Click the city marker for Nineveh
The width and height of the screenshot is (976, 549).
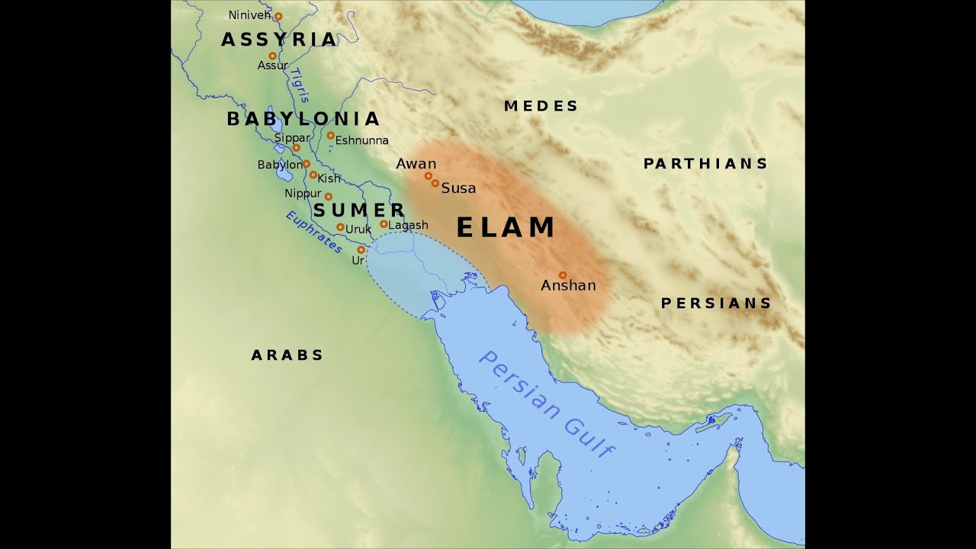point(278,16)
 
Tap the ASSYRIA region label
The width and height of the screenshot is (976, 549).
point(279,40)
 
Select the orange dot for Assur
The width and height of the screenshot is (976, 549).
point(272,56)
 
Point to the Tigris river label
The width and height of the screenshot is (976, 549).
point(300,85)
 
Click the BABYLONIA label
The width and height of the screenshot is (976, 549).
point(303,119)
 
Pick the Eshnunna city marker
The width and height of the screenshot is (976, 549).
point(330,136)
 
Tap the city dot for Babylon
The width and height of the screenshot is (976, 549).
point(307,163)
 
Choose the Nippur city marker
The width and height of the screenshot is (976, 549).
point(329,196)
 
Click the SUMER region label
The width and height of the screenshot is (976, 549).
point(359,210)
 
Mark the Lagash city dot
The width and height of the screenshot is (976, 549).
point(384,224)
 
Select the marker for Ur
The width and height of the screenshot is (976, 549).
point(361,249)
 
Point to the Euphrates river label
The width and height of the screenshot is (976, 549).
point(314,232)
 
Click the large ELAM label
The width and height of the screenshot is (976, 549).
point(506,228)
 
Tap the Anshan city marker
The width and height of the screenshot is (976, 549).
point(563,275)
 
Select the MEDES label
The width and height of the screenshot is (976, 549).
point(541,106)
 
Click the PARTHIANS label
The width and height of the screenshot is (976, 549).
point(705,164)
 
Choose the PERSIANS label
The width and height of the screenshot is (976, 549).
point(716,303)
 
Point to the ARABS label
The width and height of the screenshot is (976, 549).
point(287,355)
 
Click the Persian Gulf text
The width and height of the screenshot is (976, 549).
point(545,403)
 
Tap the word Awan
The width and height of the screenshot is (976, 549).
point(416,164)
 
